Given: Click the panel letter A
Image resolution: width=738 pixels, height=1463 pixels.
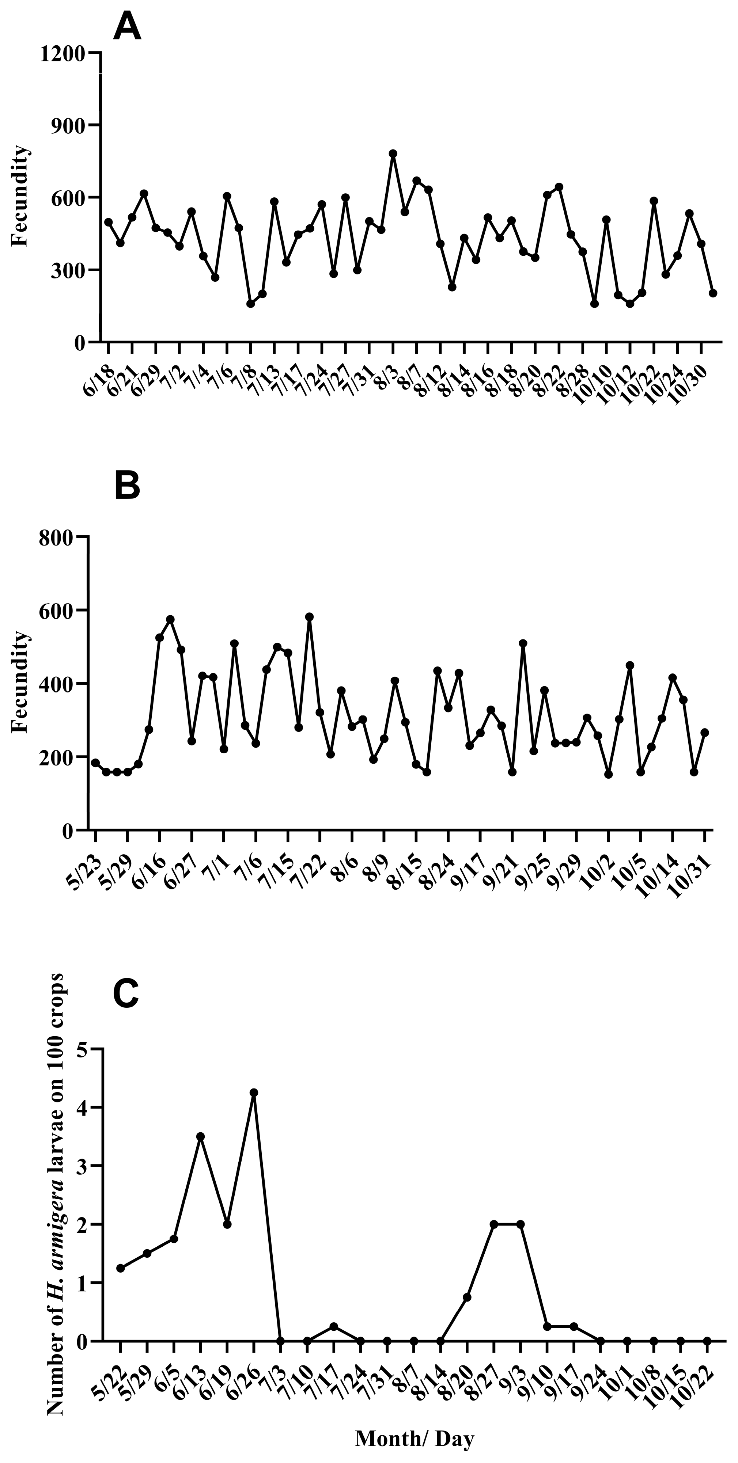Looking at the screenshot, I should [x=127, y=27].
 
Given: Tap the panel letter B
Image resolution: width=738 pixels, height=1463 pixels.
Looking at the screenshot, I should [x=127, y=486].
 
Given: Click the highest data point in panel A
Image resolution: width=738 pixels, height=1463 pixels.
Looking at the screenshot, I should [x=393, y=154].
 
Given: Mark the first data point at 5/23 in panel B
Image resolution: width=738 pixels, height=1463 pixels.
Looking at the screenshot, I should [x=95, y=763].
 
